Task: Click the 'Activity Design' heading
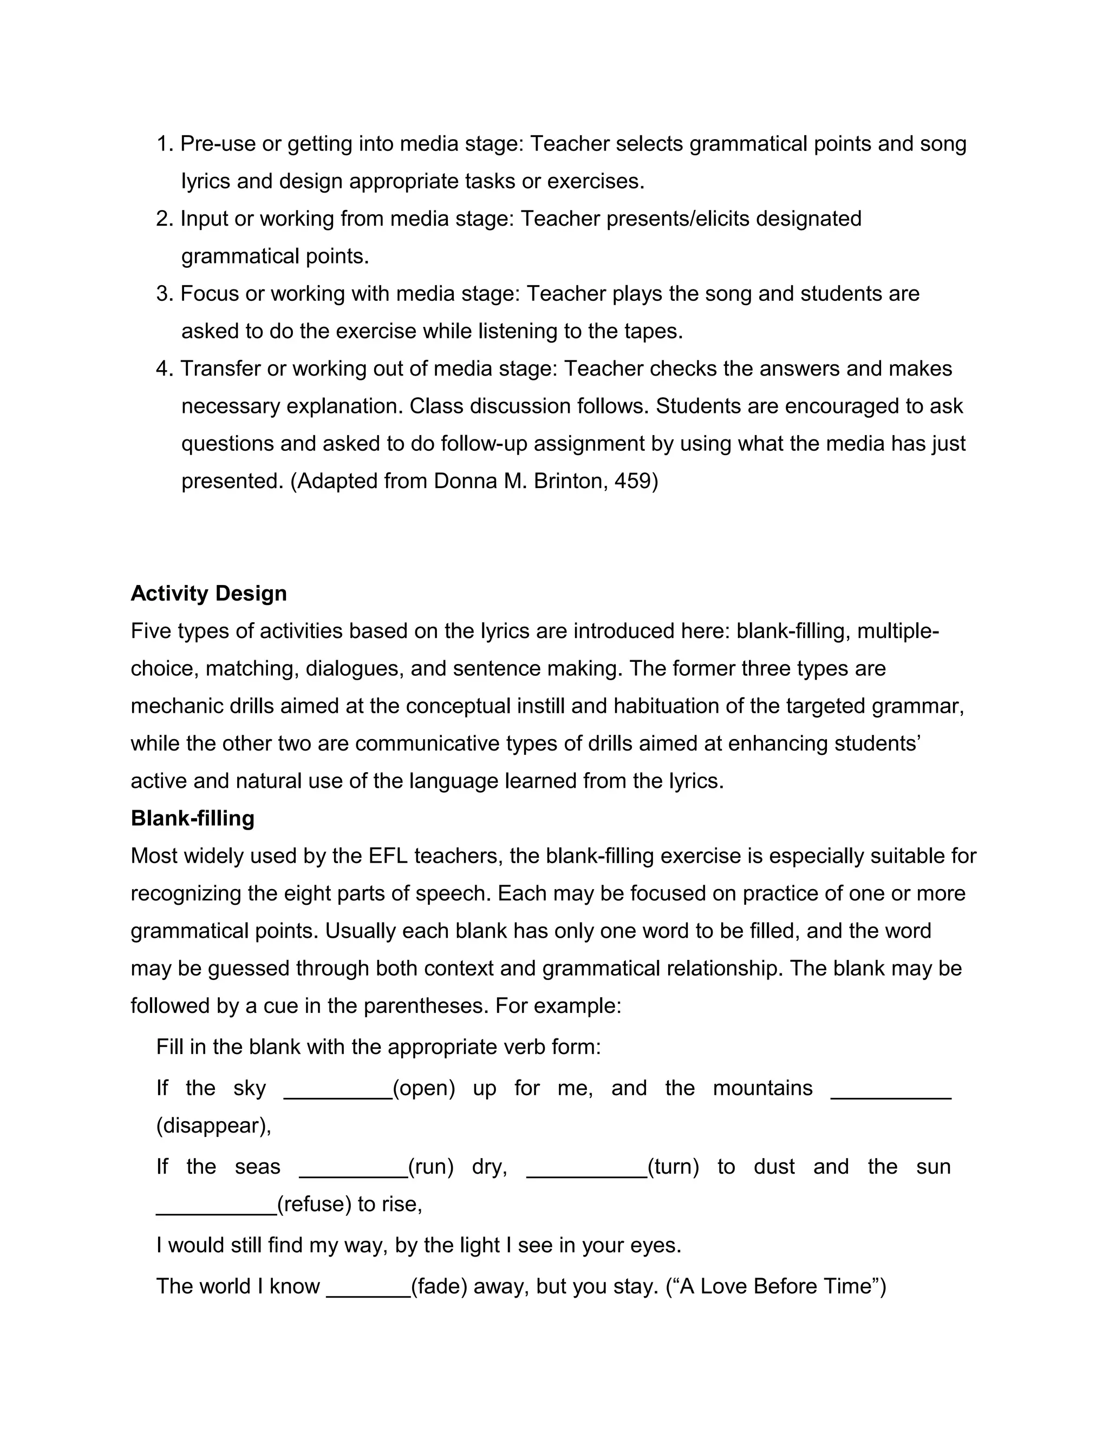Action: [x=208, y=594]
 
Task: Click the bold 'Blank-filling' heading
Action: [x=192, y=819]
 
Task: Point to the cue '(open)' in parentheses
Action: [x=424, y=1088]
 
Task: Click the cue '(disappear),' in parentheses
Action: [x=213, y=1126]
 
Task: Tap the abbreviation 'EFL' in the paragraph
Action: [x=388, y=856]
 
